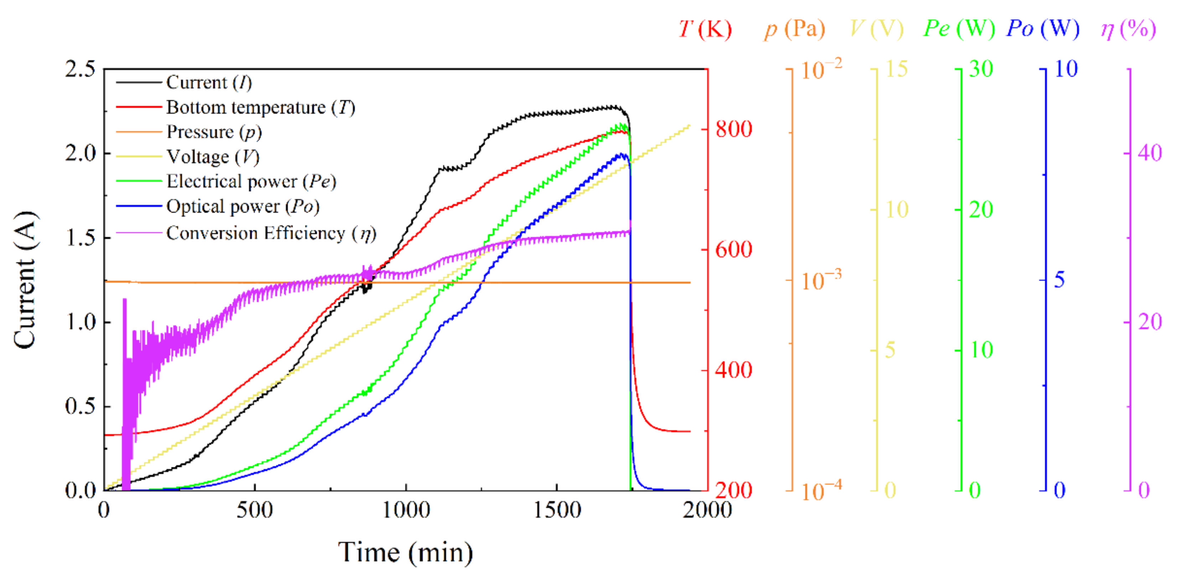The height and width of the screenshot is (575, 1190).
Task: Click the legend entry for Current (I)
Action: pos(209,83)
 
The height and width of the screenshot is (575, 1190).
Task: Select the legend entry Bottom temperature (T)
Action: pos(260,107)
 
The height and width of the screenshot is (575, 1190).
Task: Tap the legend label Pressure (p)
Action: pos(214,132)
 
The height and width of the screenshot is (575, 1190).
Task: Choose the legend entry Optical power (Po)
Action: pos(243,206)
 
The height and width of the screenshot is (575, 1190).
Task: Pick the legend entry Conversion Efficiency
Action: pos(271,233)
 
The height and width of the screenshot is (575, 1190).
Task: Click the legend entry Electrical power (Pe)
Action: pos(251,181)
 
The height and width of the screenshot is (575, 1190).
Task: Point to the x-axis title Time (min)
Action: pos(405,552)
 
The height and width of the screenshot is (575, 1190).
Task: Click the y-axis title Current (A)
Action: pos(24,280)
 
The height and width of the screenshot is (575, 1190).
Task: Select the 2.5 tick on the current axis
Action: pos(80,69)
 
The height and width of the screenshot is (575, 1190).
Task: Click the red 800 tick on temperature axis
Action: pos(734,129)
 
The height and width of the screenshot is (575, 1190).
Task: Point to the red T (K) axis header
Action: pos(705,29)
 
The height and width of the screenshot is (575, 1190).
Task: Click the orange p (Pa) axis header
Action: pos(795,29)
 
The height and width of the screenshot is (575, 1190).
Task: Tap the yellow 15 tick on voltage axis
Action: pos(896,69)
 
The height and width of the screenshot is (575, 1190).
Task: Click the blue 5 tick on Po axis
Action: pos(1059,280)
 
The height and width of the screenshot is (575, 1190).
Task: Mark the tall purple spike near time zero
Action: pos(125,323)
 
